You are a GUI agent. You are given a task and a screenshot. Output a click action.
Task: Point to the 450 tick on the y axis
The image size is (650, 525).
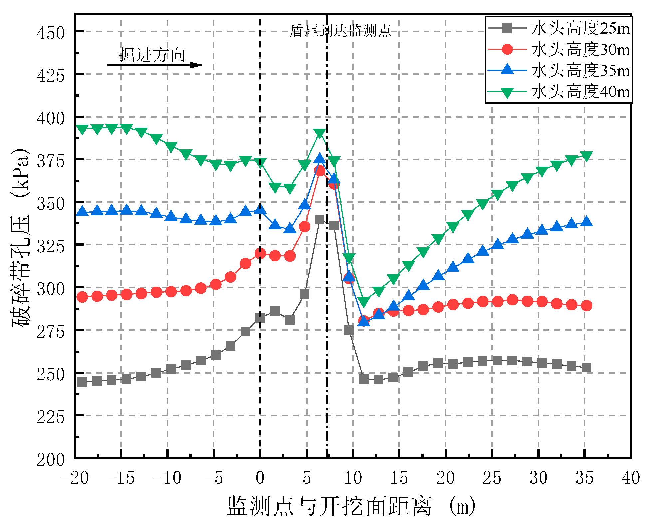(x=51, y=33)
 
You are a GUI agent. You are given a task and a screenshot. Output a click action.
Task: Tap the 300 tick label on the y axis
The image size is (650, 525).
(x=51, y=289)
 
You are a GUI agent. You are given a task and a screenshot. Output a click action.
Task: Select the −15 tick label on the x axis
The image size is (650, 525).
(x=121, y=478)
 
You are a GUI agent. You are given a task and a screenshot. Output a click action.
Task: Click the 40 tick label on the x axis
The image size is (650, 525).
(x=631, y=478)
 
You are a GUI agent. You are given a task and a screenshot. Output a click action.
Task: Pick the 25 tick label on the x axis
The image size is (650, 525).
(x=492, y=478)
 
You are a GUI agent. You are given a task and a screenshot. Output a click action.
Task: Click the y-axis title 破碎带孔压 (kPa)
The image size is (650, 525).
(x=21, y=238)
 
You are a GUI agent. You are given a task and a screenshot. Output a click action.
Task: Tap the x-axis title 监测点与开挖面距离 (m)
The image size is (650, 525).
(x=351, y=506)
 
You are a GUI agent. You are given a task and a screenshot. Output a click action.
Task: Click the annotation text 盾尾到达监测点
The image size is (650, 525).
(x=340, y=31)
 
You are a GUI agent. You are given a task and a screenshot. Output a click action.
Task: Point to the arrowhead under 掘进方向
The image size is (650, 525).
(x=196, y=65)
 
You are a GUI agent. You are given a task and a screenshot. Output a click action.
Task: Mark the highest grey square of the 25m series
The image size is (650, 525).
(x=320, y=219)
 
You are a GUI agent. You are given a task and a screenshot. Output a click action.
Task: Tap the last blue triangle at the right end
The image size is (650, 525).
(x=586, y=221)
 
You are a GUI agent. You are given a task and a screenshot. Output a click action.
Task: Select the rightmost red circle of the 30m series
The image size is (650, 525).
(x=586, y=305)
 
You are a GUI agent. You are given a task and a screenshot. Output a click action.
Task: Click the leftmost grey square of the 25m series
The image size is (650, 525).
(x=82, y=382)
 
